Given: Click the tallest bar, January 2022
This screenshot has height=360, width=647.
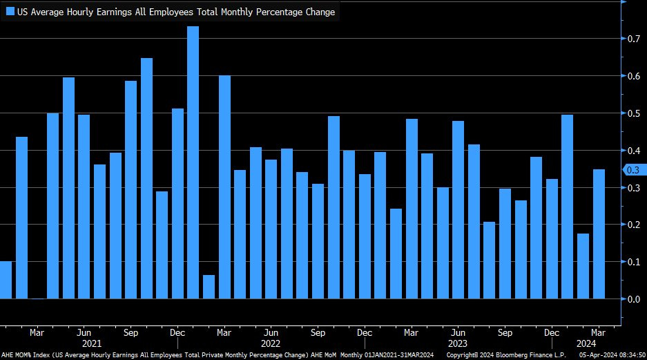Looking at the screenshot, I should pyautogui.click(x=193, y=162).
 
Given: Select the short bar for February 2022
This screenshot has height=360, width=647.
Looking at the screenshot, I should pyautogui.click(x=209, y=287).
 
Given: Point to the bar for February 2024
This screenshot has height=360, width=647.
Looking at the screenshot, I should pyautogui.click(x=583, y=266).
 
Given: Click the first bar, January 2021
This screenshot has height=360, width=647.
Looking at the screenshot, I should pyautogui.click(x=6, y=280).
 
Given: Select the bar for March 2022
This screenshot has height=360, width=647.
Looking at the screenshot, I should pyautogui.click(x=224, y=187).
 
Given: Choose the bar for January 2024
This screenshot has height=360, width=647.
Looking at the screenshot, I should pyautogui.click(x=567, y=207).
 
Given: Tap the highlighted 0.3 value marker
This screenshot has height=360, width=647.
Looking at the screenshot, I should pyautogui.click(x=632, y=170).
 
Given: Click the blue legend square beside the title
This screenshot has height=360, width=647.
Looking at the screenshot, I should pyautogui.click(x=10, y=12).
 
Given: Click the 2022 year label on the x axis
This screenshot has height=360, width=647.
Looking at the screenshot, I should pyautogui.click(x=271, y=343).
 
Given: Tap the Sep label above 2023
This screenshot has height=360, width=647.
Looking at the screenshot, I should pyautogui.click(x=504, y=332).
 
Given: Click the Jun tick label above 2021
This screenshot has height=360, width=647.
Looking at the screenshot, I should pyautogui.click(x=84, y=332).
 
